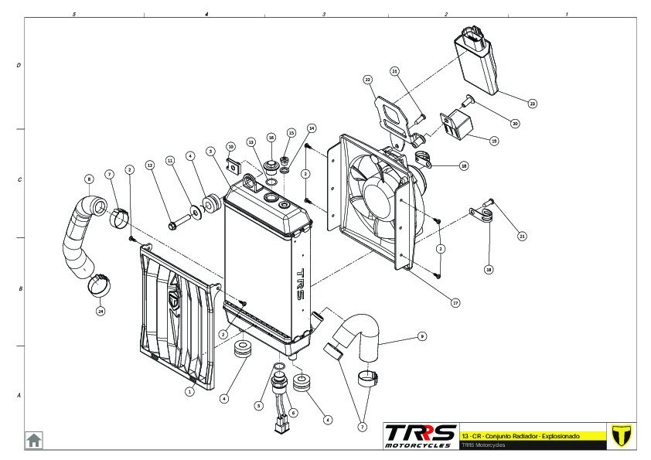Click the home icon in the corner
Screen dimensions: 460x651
34,440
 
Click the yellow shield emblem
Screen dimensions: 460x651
620,434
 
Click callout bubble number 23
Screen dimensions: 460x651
532,103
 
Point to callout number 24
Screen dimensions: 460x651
101,311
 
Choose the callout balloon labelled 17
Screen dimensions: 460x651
455,303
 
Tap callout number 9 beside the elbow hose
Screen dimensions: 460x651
422,336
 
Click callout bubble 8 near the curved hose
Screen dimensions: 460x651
89,179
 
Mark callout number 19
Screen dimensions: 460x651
494,141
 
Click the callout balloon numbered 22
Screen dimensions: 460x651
368,80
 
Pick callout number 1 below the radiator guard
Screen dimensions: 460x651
189,391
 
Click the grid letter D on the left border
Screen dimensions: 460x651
19,66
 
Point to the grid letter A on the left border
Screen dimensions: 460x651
19,395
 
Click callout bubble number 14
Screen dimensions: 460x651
312,128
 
